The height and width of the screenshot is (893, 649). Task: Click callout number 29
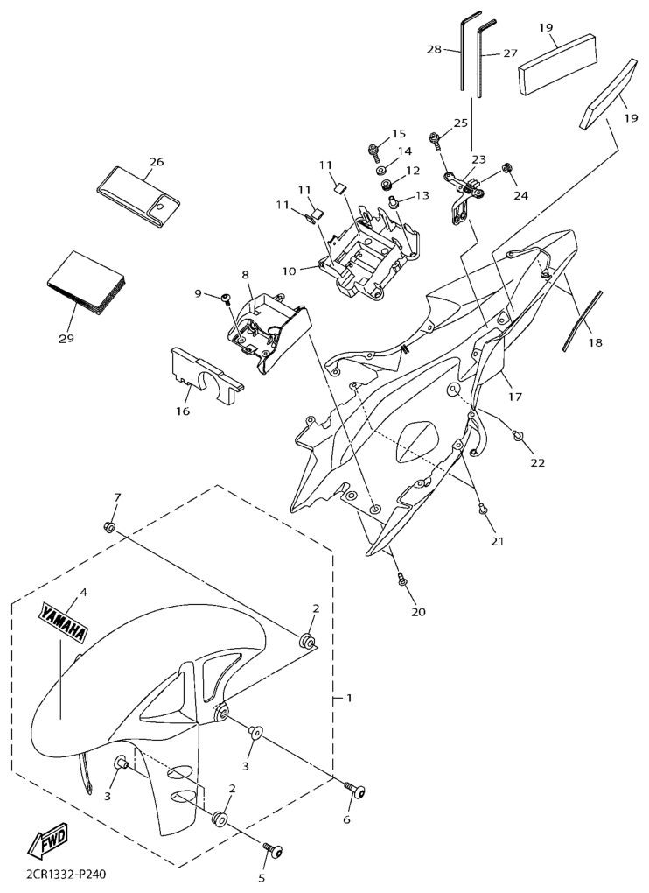[x=66, y=338]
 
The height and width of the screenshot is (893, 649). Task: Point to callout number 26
[x=157, y=162]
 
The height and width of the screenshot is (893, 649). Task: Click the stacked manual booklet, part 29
[x=87, y=283]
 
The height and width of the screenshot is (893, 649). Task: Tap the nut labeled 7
[x=110, y=527]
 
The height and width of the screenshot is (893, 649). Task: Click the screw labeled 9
[x=226, y=298]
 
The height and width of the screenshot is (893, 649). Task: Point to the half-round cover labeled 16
[x=206, y=377]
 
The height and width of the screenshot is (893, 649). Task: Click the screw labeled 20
[x=402, y=580]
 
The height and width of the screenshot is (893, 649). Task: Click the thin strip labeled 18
[x=580, y=320]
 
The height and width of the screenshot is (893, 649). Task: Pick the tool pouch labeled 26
[x=138, y=193]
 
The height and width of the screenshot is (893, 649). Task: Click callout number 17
[x=515, y=397]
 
